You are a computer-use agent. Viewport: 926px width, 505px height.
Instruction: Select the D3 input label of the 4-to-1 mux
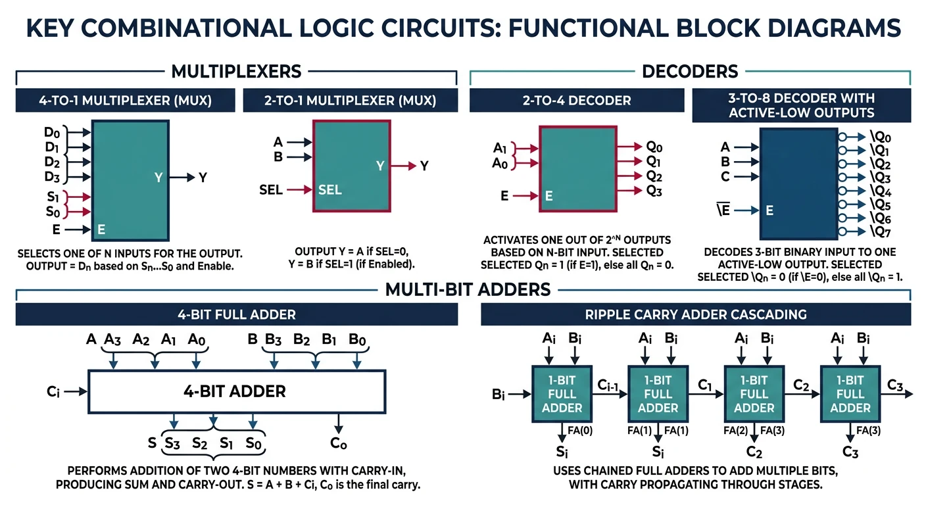52,176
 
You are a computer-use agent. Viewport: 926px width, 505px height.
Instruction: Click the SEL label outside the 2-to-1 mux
271,190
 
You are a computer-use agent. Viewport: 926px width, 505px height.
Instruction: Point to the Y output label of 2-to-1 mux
424,166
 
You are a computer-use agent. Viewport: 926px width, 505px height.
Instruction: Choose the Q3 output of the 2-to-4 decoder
654,191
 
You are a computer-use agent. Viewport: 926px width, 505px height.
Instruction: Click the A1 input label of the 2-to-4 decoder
500,147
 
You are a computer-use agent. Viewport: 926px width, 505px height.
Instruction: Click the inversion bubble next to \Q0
842,137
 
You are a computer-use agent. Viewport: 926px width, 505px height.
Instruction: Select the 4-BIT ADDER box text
235,392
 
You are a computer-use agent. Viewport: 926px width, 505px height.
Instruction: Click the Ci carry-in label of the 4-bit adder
54,391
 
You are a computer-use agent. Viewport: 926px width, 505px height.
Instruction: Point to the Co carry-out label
338,443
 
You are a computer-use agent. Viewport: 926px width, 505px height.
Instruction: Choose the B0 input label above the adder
357,340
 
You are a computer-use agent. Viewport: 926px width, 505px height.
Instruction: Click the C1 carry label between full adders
706,383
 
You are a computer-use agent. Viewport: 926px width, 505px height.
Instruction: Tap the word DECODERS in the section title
690,71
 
